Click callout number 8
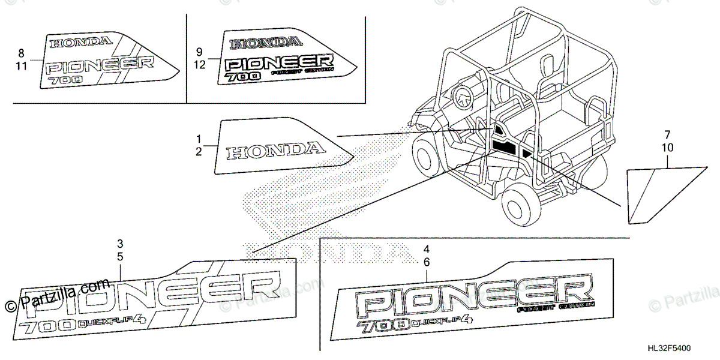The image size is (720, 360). point(22,53)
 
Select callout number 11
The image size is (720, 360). point(22,66)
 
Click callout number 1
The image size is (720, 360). point(198,139)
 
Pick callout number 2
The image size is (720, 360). point(198,152)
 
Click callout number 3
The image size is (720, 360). point(120,244)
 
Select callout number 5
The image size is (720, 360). point(120,257)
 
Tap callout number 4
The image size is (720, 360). point(427,249)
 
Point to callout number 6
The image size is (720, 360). point(427,262)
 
